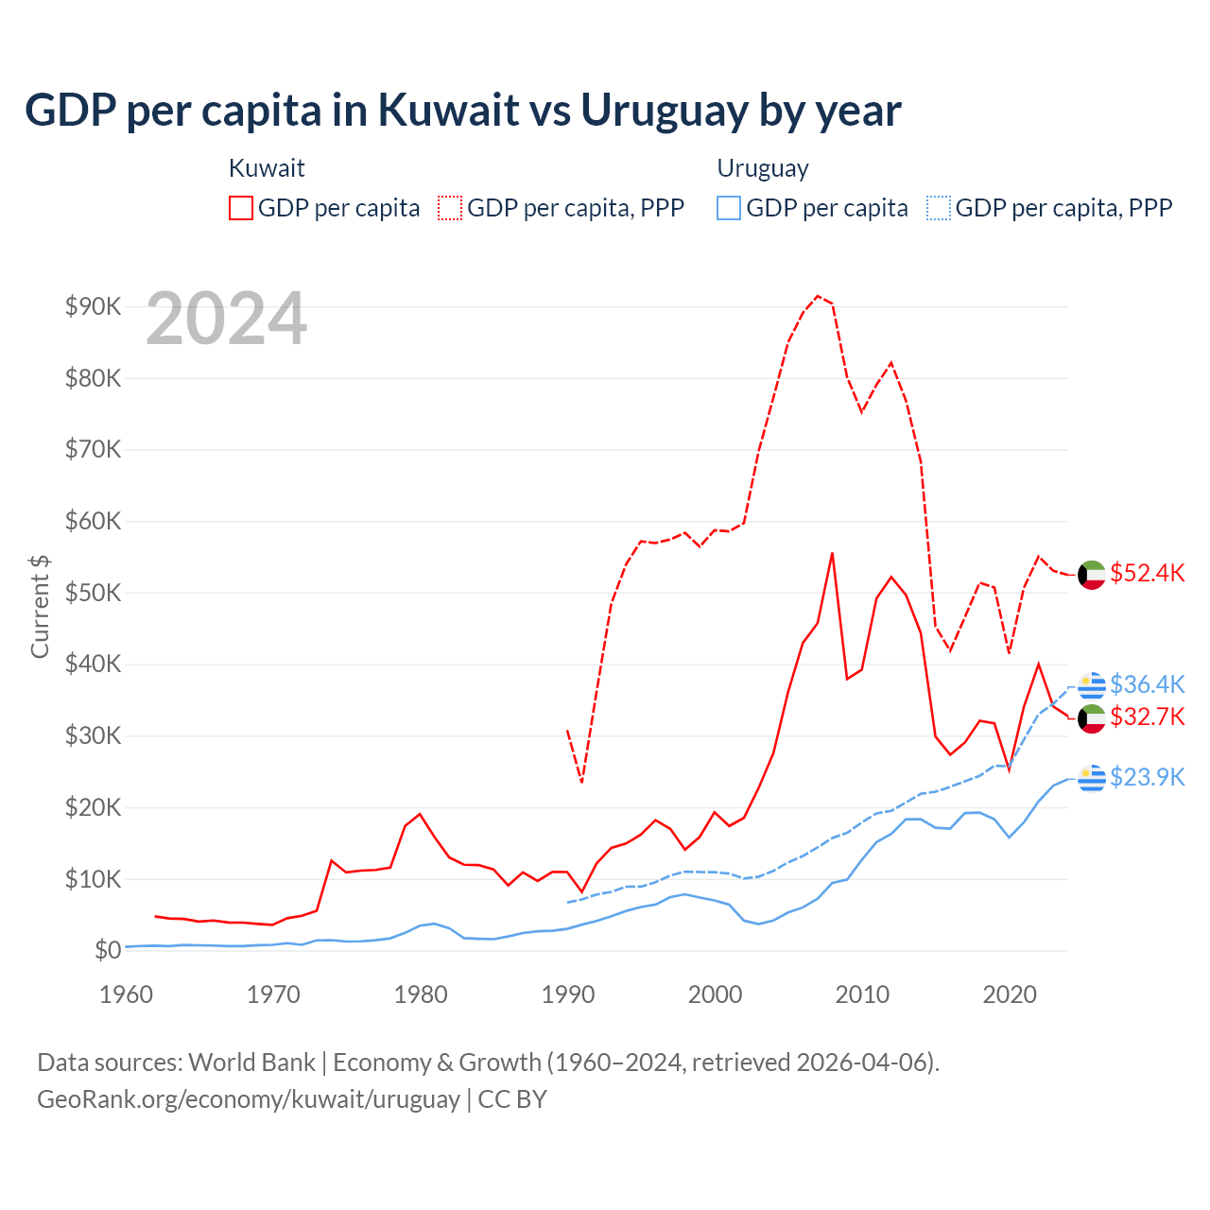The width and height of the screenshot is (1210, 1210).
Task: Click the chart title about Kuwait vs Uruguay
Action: [463, 111]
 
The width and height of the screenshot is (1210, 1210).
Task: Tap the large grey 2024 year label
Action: [227, 320]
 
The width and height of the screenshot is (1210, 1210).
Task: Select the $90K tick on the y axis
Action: [93, 306]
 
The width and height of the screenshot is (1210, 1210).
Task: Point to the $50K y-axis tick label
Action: [93, 593]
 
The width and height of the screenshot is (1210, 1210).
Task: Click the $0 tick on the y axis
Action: [108, 950]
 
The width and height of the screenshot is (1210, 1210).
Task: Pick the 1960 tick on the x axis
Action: [126, 994]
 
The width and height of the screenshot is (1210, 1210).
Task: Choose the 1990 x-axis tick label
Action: [568, 994]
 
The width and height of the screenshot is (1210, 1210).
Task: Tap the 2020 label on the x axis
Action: [1010, 994]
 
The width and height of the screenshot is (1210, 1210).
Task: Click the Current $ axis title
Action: [40, 606]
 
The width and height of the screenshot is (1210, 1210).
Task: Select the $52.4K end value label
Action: [1147, 574]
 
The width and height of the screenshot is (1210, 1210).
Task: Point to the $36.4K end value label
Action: [1147, 684]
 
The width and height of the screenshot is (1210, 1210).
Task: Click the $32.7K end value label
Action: [1147, 717]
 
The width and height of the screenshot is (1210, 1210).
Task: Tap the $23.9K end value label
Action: [1147, 777]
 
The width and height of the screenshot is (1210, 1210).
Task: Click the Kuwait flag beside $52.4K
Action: [1092, 575]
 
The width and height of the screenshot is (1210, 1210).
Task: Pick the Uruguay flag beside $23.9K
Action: [1092, 778]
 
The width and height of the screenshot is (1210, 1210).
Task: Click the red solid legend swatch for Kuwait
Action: [241, 208]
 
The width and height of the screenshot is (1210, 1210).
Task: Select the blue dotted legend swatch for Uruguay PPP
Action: [939, 208]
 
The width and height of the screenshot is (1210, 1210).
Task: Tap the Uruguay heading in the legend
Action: [763, 169]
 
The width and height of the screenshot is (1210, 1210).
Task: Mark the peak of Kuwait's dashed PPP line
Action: [818, 296]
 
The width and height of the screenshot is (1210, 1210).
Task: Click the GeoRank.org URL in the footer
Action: [249, 1099]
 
